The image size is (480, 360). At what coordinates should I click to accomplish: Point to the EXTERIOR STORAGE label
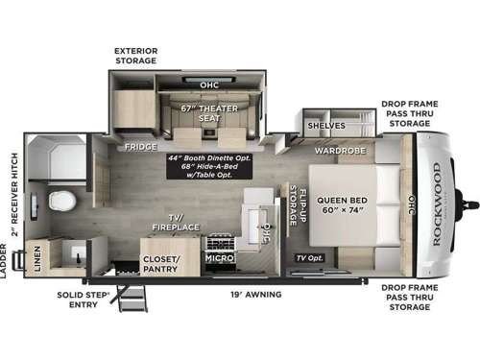[135, 55]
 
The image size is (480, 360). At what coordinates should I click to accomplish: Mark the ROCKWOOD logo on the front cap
[437, 203]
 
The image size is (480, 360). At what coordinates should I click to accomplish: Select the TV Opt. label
[309, 257]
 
